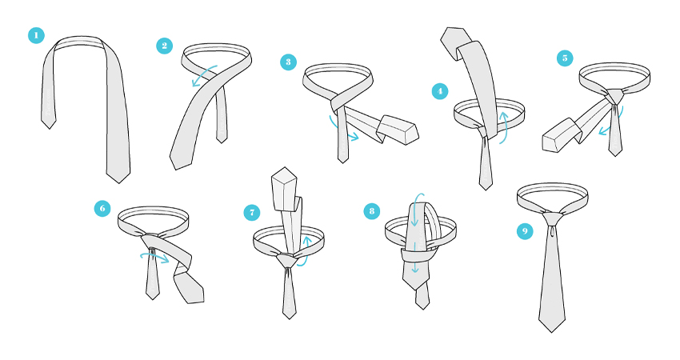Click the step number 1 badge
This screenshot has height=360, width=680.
click(x=37, y=35)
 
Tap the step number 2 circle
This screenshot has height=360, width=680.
click(x=164, y=46)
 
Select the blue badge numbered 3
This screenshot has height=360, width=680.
click(x=288, y=62)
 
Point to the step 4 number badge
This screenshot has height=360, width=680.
click(x=440, y=91)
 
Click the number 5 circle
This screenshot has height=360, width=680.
click(x=565, y=58)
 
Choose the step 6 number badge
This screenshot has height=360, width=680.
click(x=102, y=209)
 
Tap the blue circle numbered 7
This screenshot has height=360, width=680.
click(x=251, y=213)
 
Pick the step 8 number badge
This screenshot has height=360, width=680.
click(x=372, y=211)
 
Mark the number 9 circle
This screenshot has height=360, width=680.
click(x=525, y=230)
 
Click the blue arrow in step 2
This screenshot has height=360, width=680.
click(x=204, y=74)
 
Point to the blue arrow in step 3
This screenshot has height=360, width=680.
click(x=342, y=130)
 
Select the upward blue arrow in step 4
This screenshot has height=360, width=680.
click(x=504, y=127)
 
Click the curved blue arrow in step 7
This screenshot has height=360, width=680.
click(x=306, y=251)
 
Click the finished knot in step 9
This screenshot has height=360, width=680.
click(x=552, y=218)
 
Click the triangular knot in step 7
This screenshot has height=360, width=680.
click(x=286, y=260)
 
